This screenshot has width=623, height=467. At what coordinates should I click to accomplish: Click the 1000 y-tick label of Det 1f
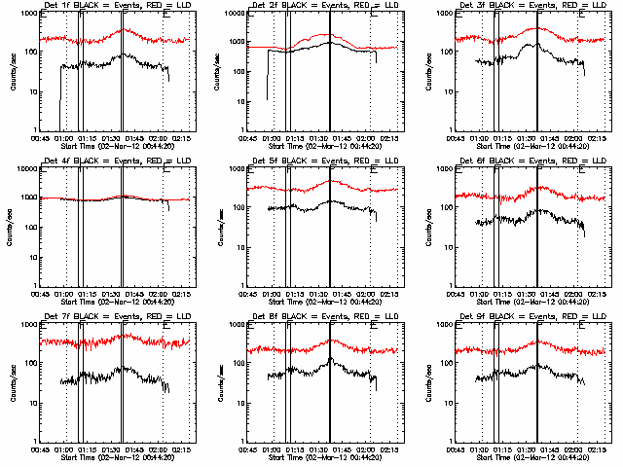coord(27,14)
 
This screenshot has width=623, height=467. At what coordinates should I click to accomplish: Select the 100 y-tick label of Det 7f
coord(29,363)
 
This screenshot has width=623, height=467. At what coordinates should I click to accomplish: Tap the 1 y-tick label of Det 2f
coord(242,129)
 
